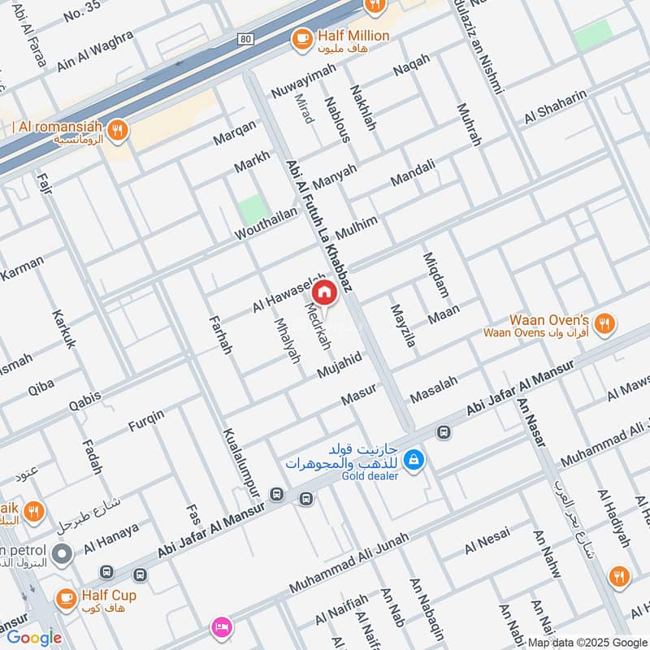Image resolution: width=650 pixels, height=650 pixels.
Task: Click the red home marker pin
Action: tap(323, 292)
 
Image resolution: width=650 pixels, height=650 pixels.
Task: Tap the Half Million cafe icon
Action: tap(301, 37)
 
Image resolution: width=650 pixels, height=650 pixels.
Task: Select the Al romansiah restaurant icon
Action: tap(118, 130)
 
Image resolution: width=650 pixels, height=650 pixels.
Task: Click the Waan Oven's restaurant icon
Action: tap(603, 325)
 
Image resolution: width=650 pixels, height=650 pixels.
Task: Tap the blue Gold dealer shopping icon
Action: tap(414, 460)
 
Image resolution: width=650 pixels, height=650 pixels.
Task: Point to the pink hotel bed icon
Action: tap(220, 626)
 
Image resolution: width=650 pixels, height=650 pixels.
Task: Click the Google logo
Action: tap(35, 638)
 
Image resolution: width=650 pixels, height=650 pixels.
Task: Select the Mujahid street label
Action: tap(340, 365)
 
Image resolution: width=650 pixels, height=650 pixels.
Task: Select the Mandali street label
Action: tap(413, 172)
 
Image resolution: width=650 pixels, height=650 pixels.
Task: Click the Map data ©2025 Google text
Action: tap(588, 642)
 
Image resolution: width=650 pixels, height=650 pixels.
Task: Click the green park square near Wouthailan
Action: tap(253, 210)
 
